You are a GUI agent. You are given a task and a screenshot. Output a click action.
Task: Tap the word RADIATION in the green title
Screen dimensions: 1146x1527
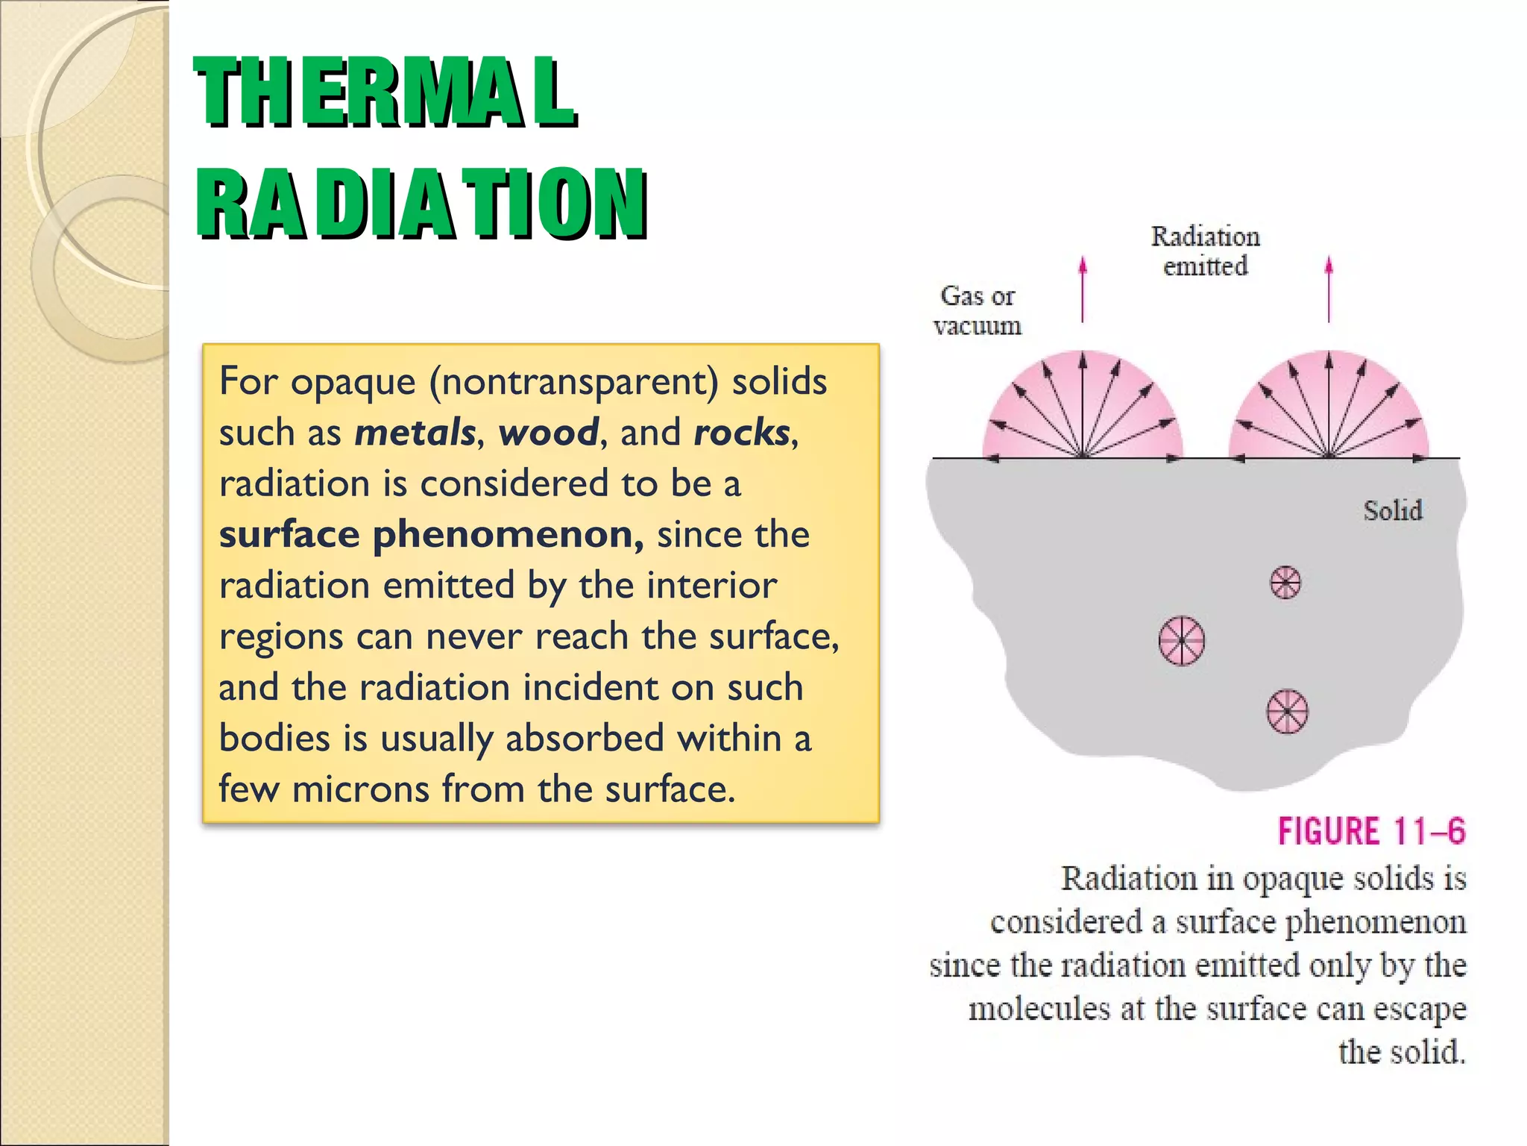coord(421,203)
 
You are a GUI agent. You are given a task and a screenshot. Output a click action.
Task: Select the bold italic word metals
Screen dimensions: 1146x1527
coord(415,433)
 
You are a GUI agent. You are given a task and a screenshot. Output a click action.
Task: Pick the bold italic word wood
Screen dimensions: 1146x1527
coord(548,433)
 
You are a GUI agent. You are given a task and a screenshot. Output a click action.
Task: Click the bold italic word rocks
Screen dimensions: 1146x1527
coord(741,433)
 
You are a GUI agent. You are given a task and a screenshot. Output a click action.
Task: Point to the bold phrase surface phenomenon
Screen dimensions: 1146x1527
coord(431,534)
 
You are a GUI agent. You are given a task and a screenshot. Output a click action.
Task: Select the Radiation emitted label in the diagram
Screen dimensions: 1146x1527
coord(1205,251)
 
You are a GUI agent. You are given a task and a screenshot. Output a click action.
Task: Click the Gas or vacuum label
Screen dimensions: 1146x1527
coord(977,310)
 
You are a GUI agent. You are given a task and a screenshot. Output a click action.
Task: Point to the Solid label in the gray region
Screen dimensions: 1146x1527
coord(1393,511)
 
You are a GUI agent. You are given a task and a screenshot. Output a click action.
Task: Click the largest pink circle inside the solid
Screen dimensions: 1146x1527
coord(1182,640)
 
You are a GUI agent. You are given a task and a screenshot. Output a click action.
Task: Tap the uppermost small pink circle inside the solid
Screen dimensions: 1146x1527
coord(1285,583)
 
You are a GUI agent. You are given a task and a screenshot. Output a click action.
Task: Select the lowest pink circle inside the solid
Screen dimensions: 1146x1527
coord(1288,711)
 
